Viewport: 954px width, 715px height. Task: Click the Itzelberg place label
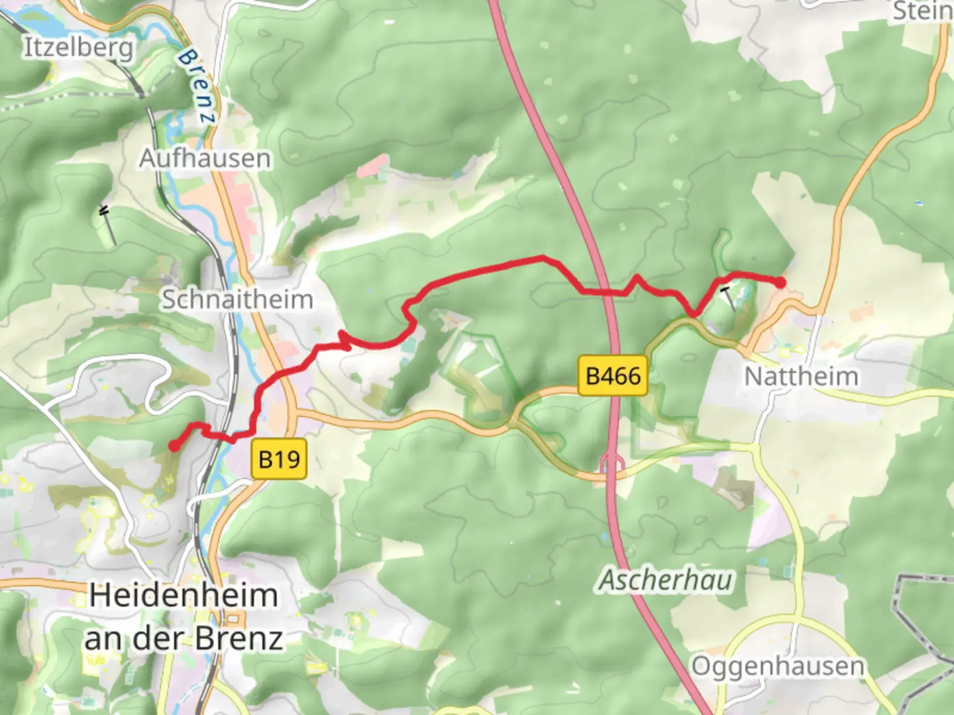click(78, 48)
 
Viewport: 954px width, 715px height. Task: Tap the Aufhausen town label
click(205, 159)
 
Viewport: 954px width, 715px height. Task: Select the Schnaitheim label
click(237, 299)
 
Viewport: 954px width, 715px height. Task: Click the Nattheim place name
click(801, 376)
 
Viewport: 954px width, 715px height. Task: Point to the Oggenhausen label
click(778, 666)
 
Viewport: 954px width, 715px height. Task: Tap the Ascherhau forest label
click(666, 580)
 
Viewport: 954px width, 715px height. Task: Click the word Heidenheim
click(184, 595)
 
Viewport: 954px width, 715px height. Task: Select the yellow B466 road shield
click(613, 376)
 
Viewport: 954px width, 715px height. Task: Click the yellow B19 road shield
click(279, 458)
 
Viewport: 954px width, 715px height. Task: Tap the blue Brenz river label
click(197, 86)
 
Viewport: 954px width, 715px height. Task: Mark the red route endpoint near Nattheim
click(780, 283)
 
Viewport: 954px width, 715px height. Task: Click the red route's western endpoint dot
click(174, 446)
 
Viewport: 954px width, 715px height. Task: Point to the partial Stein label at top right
click(922, 11)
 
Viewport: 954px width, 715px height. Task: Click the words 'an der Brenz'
click(184, 638)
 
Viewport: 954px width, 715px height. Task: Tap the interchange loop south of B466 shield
click(611, 465)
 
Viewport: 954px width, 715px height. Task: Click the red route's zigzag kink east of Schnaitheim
click(344, 340)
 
